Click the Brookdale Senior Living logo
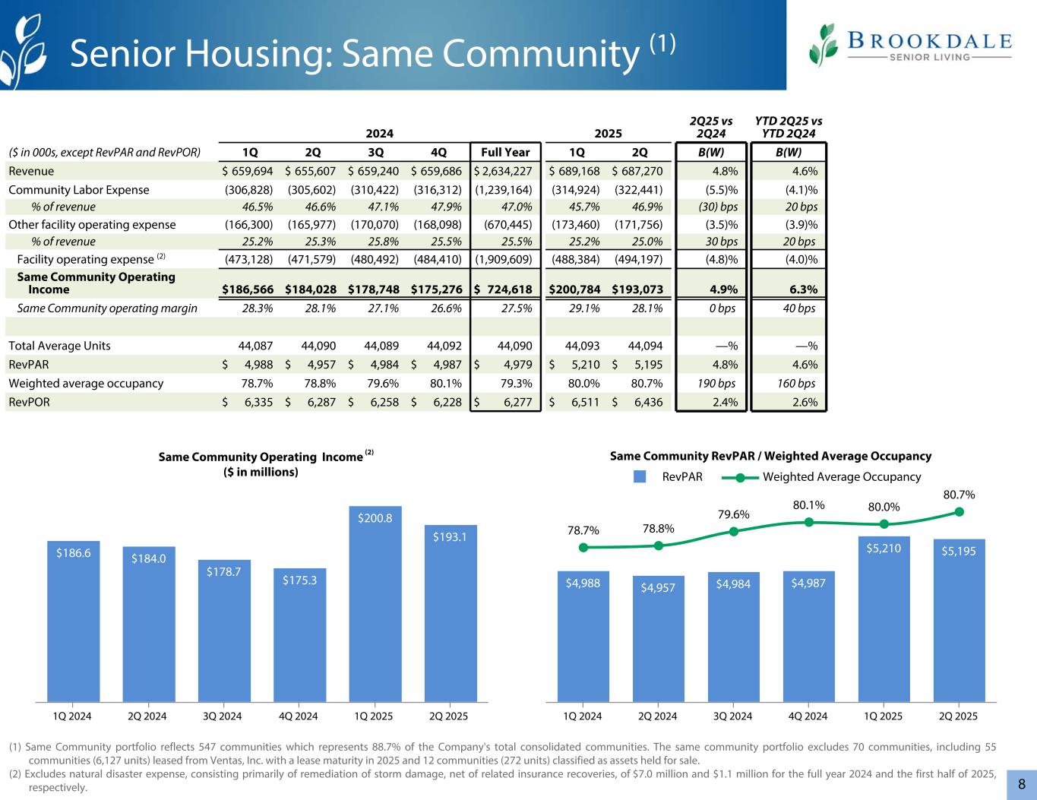coord(910,45)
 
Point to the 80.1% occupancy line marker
coord(809,522)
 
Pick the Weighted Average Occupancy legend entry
coord(820,477)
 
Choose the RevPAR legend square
coord(640,477)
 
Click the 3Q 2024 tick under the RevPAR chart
coord(733,716)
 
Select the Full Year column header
coord(505,152)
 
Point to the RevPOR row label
coord(30,403)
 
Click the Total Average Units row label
coord(59,346)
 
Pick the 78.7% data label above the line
coord(583,531)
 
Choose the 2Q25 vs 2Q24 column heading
coord(711,128)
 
